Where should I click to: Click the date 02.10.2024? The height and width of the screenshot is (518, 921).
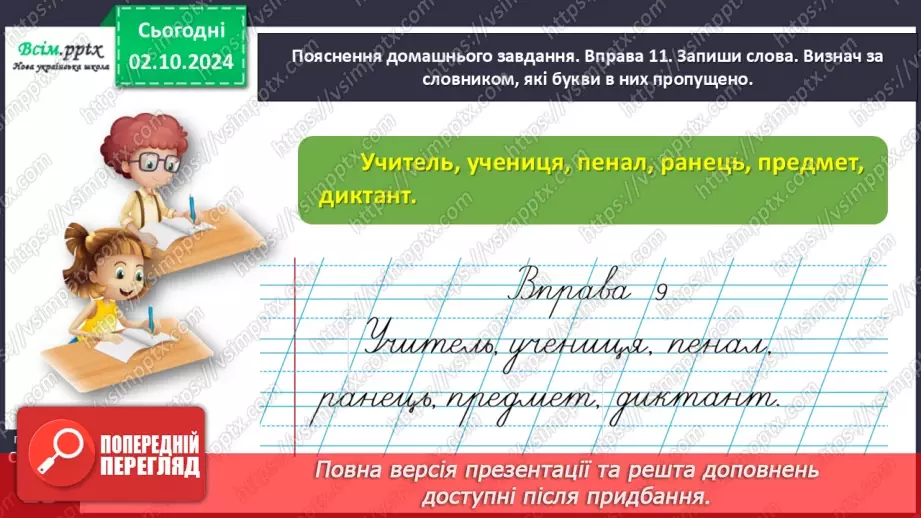[x=179, y=63]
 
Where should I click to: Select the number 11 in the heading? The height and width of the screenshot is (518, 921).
[x=623, y=57]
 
